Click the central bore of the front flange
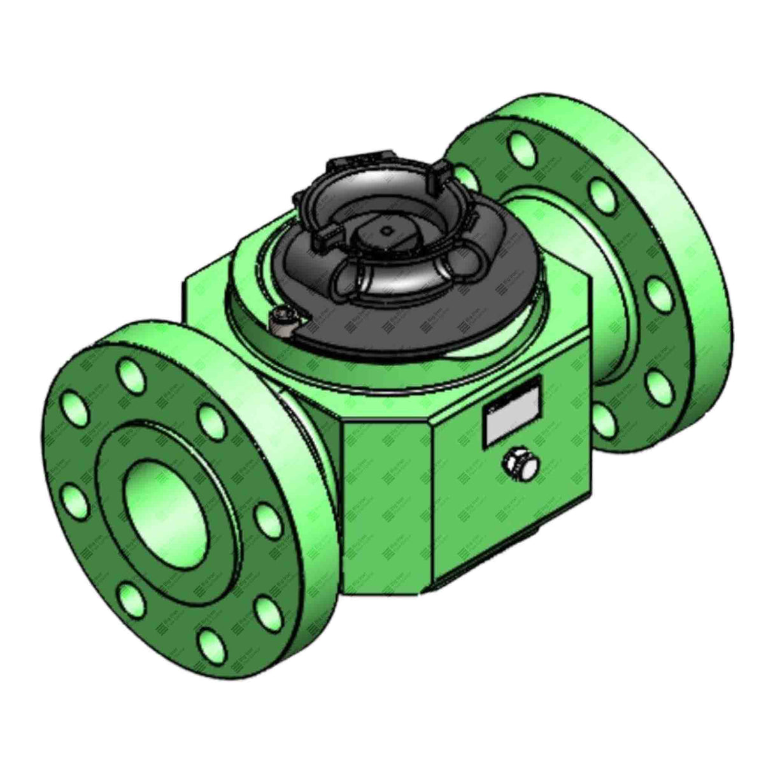(167, 504)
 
